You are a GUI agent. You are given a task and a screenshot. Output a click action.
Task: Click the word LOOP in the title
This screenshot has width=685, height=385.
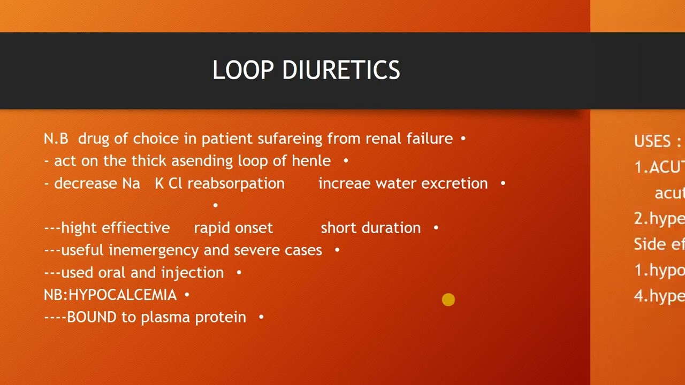click(243, 71)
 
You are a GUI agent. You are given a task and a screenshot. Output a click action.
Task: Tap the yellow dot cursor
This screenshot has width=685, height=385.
click(448, 300)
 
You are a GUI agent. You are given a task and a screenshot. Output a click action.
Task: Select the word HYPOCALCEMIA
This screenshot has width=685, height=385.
click(123, 295)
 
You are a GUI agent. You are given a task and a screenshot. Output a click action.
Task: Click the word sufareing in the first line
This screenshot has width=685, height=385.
click(290, 139)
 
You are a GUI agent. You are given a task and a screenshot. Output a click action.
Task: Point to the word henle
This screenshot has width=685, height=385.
click(311, 161)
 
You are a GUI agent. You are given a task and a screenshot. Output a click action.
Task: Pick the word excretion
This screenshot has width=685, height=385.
click(454, 183)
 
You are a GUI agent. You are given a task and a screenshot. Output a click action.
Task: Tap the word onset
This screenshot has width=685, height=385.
click(254, 228)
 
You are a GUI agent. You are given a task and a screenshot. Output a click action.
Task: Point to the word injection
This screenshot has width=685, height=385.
click(193, 273)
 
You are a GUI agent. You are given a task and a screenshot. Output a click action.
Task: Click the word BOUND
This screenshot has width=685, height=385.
click(92, 317)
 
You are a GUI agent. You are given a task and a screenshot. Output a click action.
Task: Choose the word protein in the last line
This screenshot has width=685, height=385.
click(220, 318)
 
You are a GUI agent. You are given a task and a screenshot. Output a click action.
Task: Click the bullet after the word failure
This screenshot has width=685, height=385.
click(463, 138)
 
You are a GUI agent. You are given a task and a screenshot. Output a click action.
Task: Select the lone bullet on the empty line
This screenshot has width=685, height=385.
click(216, 205)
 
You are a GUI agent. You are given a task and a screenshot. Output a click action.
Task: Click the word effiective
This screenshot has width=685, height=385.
click(135, 228)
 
